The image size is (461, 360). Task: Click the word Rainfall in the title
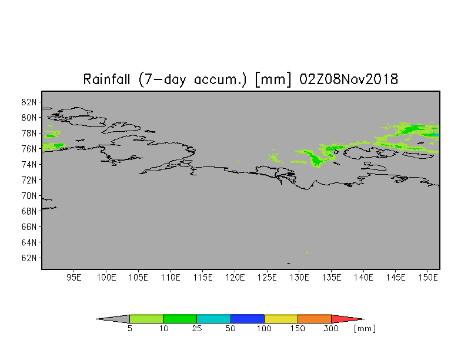pos(106,79)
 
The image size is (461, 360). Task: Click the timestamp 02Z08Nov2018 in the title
pos(349,79)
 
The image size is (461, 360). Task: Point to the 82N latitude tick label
pos(29,102)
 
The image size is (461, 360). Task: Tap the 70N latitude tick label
pos(29,195)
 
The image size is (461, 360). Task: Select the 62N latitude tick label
pos(29,258)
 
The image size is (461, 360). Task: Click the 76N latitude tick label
pos(29,149)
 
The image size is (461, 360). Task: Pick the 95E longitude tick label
pos(74,278)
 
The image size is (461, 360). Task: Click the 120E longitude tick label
pos(235,278)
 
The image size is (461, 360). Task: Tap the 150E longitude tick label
pos(428,278)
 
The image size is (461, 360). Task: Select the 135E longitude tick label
pos(332,278)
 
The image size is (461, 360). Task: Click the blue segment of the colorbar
pos(247,319)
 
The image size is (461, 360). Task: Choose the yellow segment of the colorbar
pos(281,319)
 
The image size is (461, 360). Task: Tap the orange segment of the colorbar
pos(315,319)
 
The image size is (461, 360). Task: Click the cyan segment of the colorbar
pos(214,319)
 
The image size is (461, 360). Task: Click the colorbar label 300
pos(331,328)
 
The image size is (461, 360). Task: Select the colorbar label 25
pos(196,328)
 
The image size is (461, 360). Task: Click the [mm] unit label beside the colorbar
pos(365,328)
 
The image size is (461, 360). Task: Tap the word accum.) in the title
pos(220,79)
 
